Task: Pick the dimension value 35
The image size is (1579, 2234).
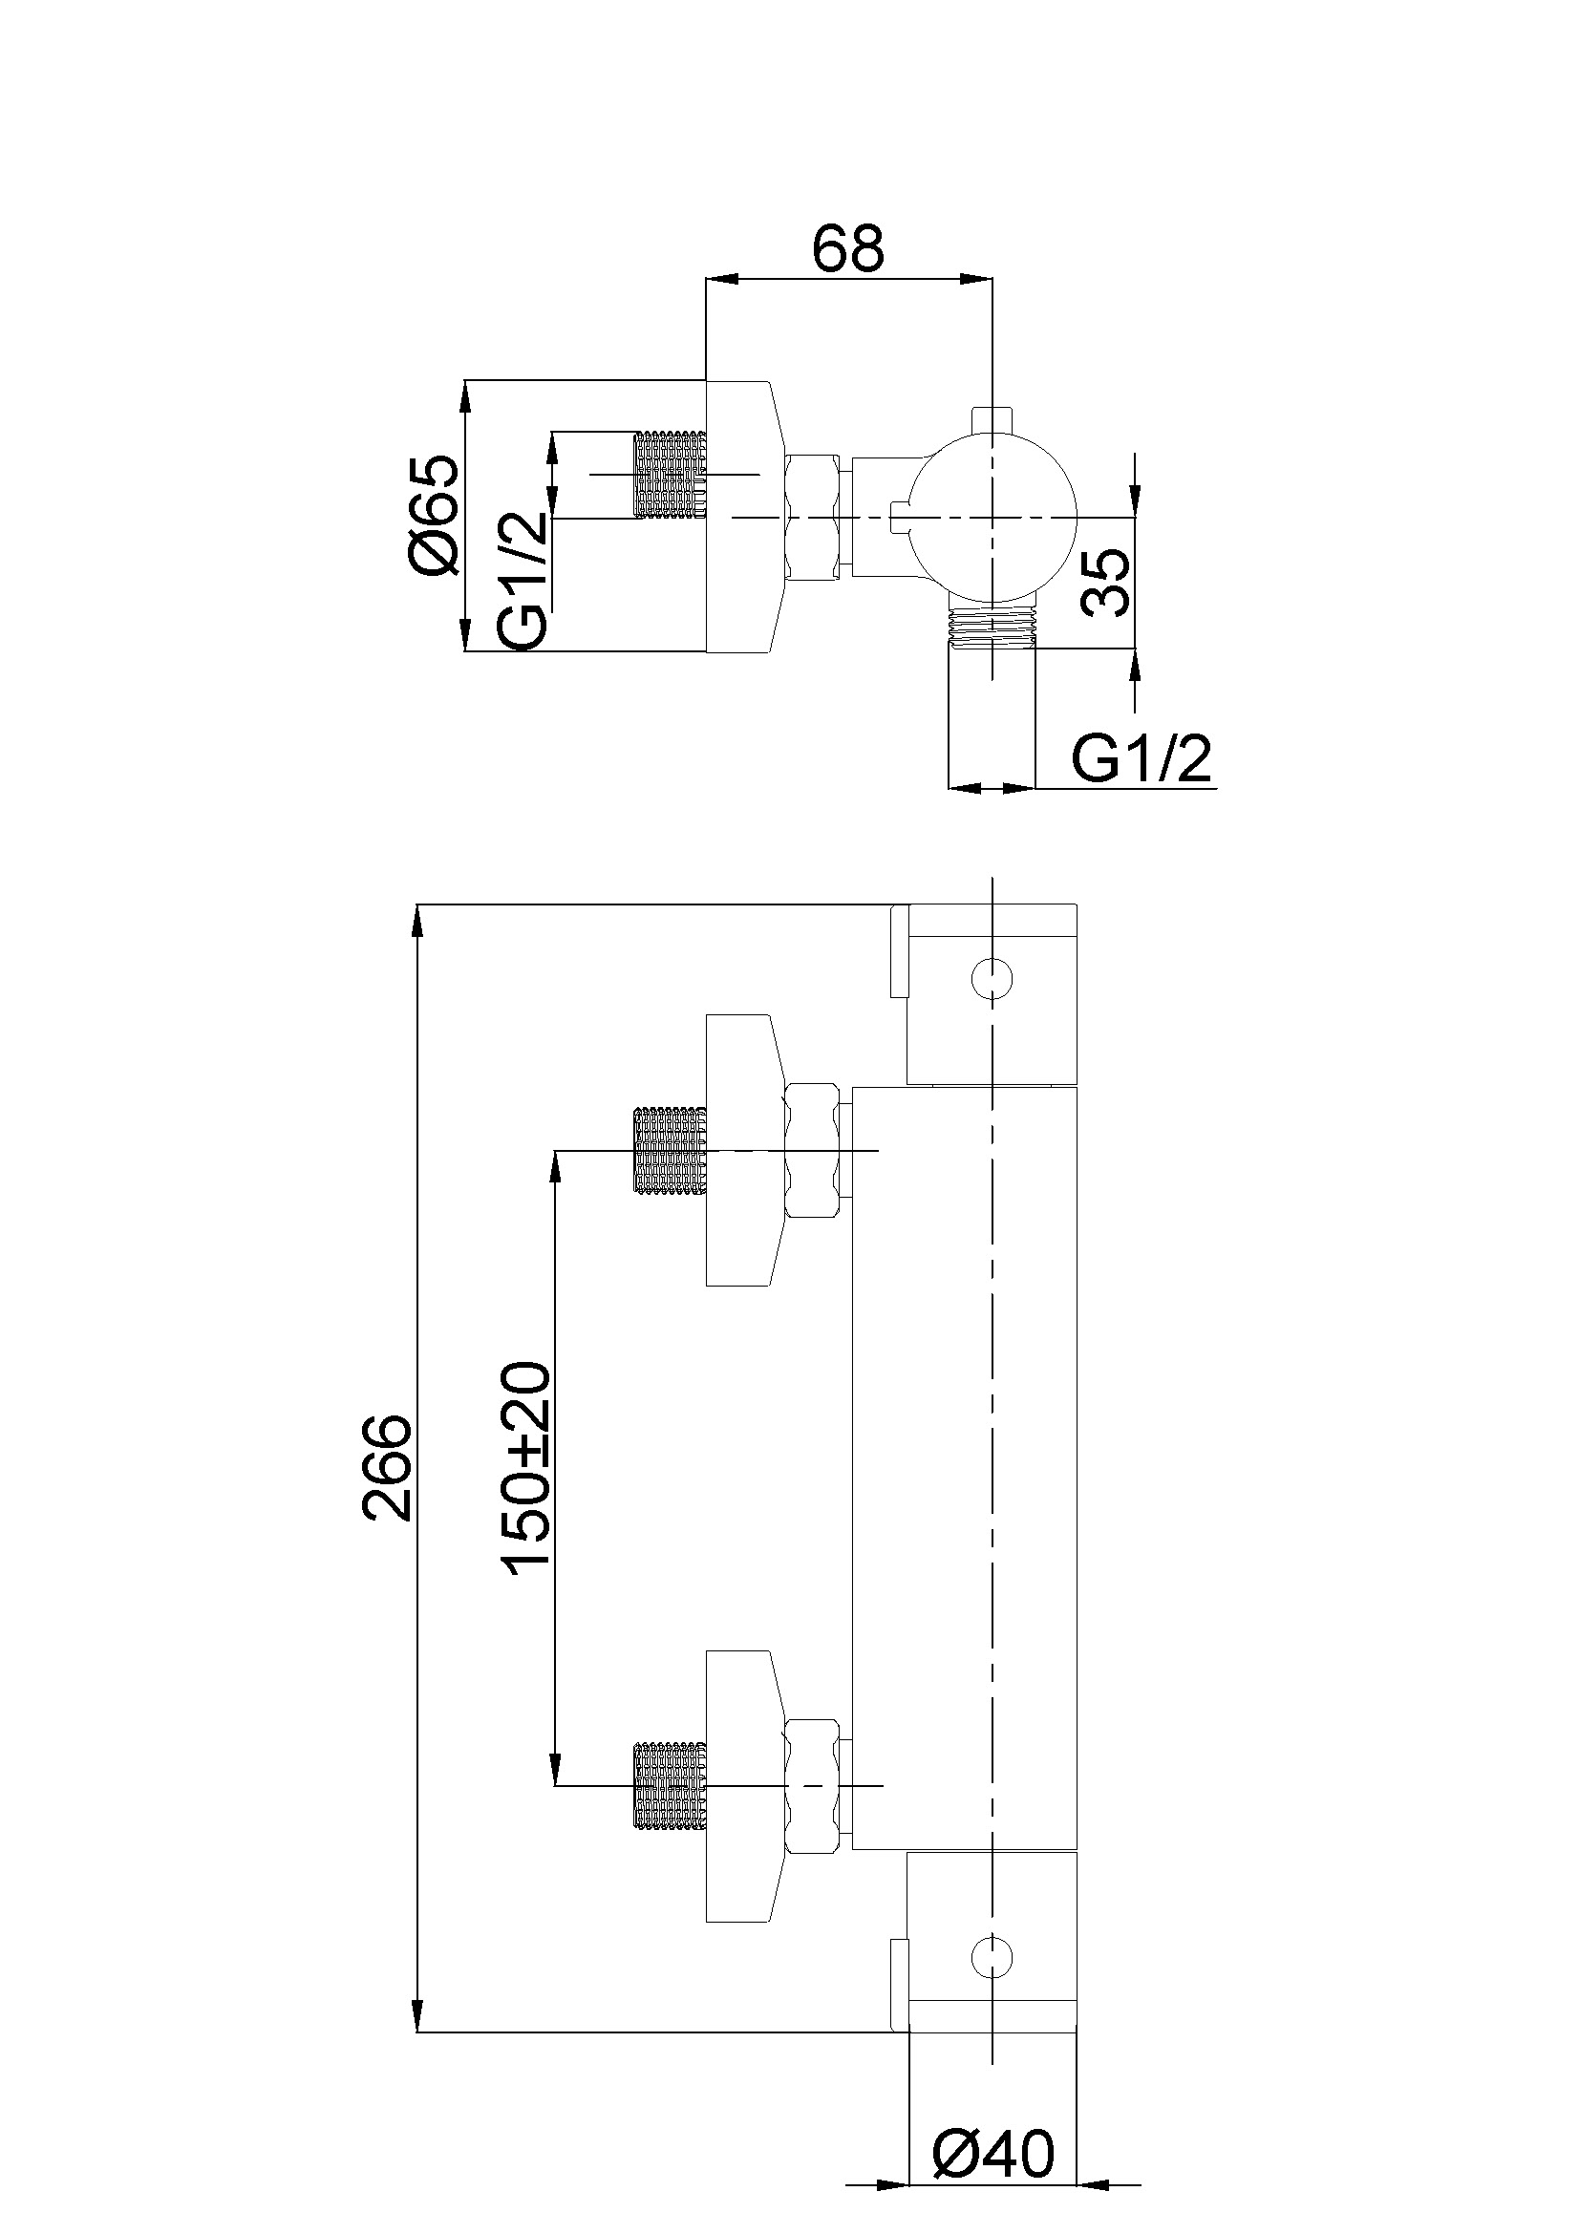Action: [x=1107, y=581]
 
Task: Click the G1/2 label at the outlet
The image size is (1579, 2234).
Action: [x=1142, y=759]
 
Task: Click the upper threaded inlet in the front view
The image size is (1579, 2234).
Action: [x=670, y=1150]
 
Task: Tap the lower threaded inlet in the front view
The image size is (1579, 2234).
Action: [x=670, y=1784]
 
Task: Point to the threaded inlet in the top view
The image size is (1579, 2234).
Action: [x=670, y=474]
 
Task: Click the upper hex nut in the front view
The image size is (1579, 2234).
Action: [x=813, y=1150]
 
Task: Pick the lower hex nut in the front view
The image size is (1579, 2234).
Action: [x=813, y=1784]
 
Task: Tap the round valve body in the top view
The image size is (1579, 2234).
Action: [x=992, y=518]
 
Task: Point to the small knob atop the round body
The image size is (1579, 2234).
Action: [x=992, y=418]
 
